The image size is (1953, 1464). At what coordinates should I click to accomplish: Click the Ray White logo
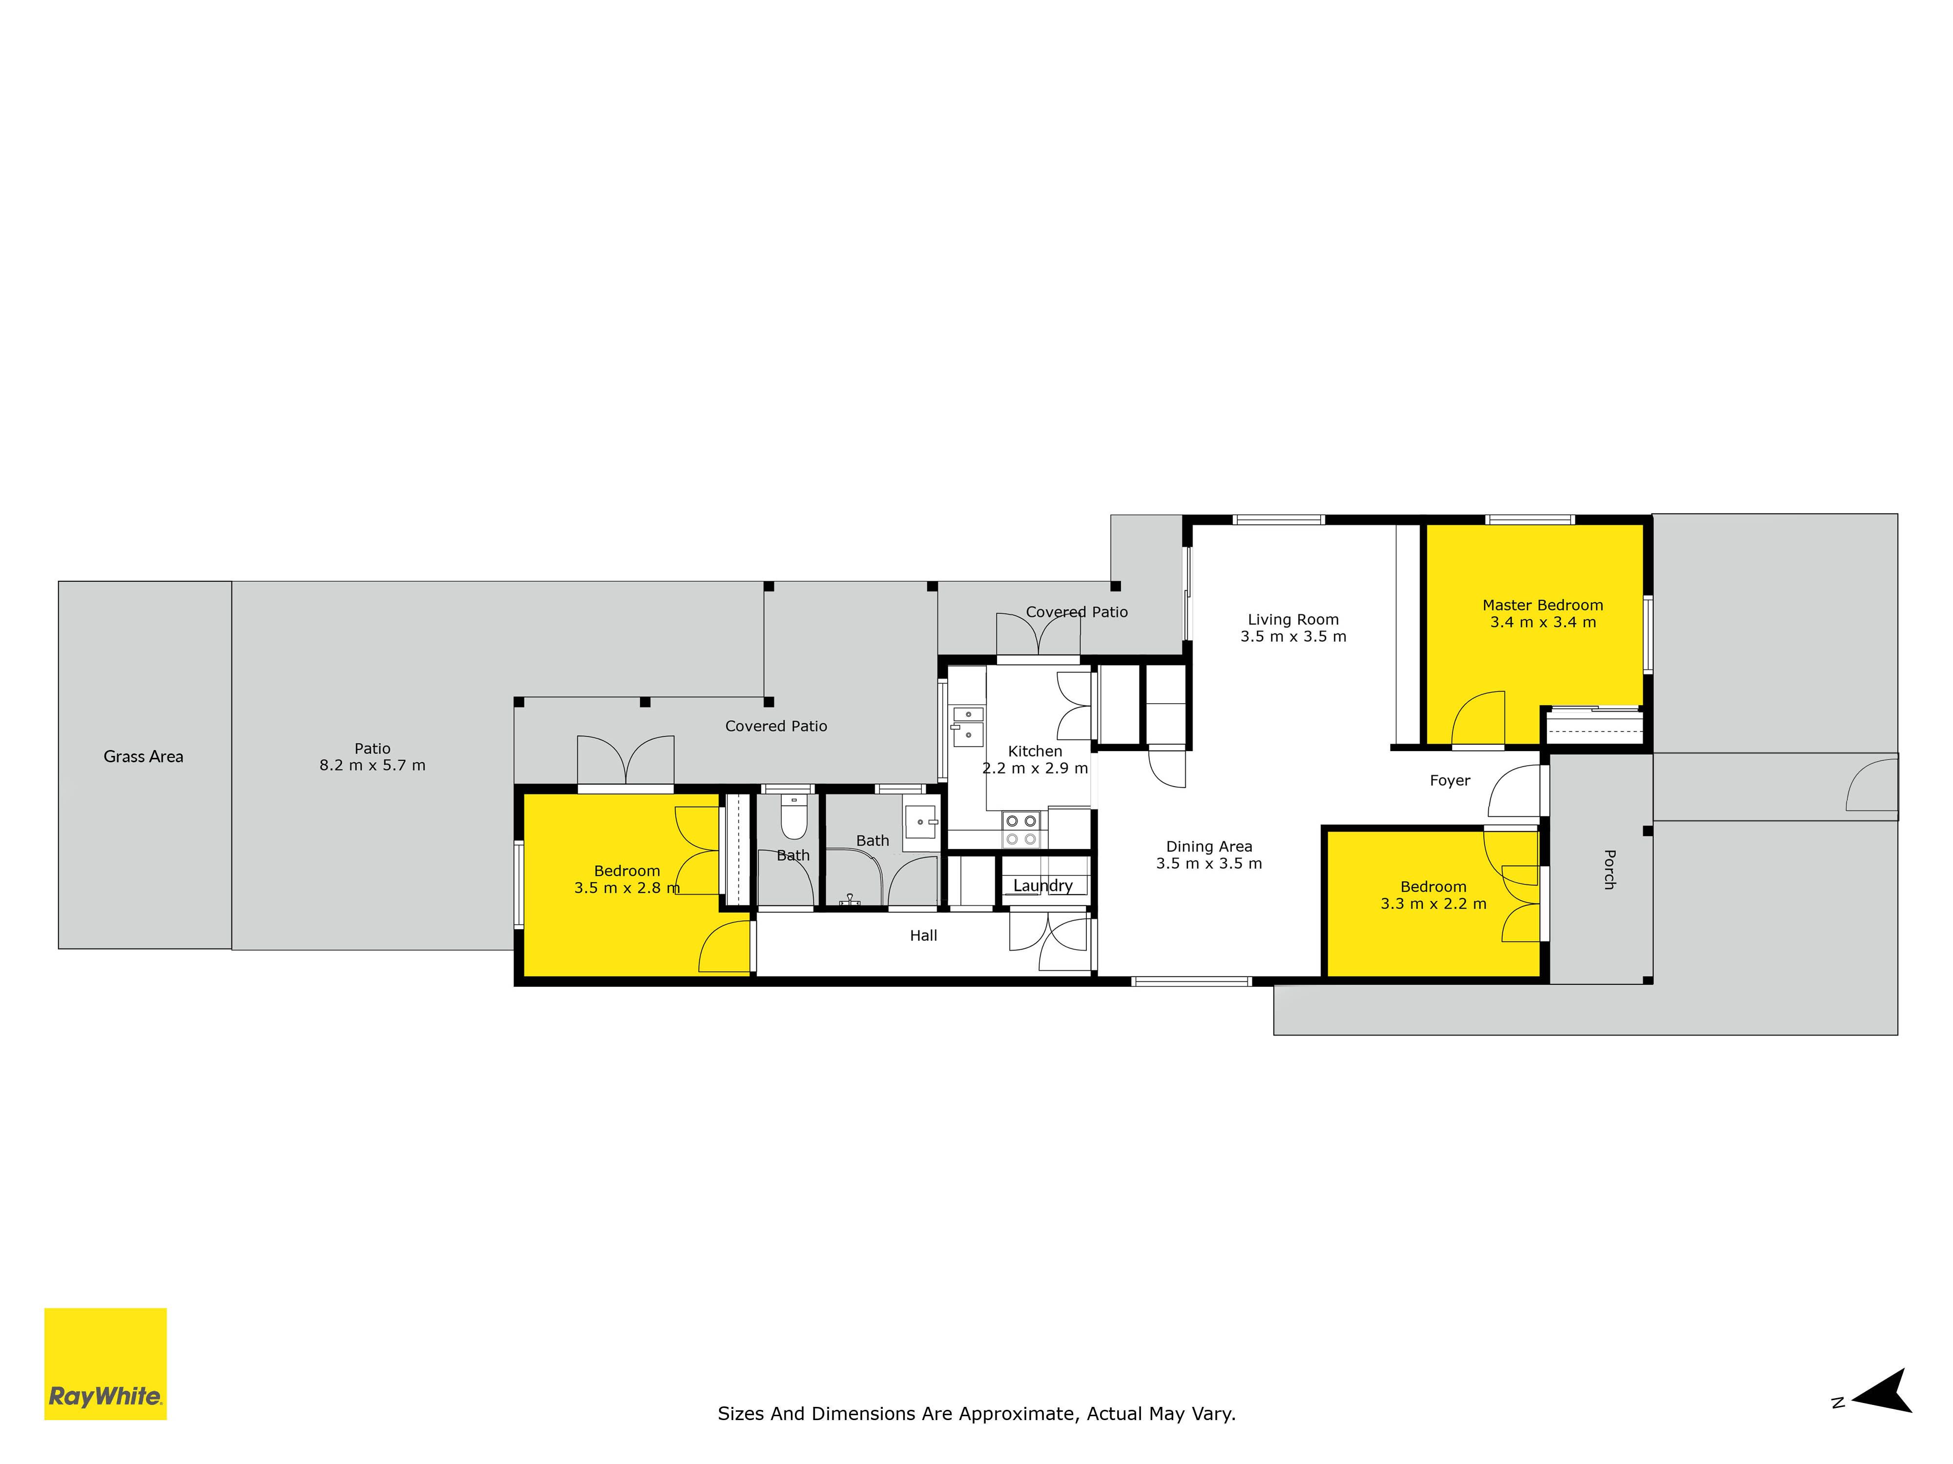[x=105, y=1363]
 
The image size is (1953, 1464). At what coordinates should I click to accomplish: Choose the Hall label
[x=924, y=935]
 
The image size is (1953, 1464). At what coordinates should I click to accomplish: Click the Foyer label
[x=1450, y=780]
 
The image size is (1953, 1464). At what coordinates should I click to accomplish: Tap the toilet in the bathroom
[x=794, y=818]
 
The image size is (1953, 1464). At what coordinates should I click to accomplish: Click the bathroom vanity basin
[x=921, y=822]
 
